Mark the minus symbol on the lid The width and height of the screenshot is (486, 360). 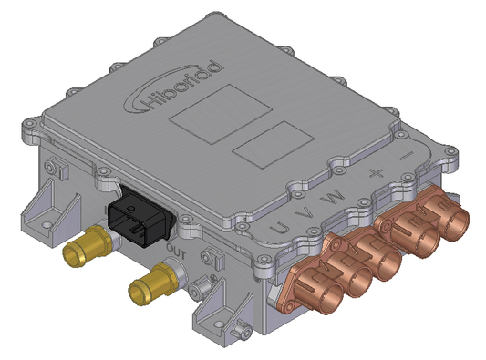pos(406,151)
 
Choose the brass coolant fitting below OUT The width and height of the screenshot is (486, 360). pos(151,286)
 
